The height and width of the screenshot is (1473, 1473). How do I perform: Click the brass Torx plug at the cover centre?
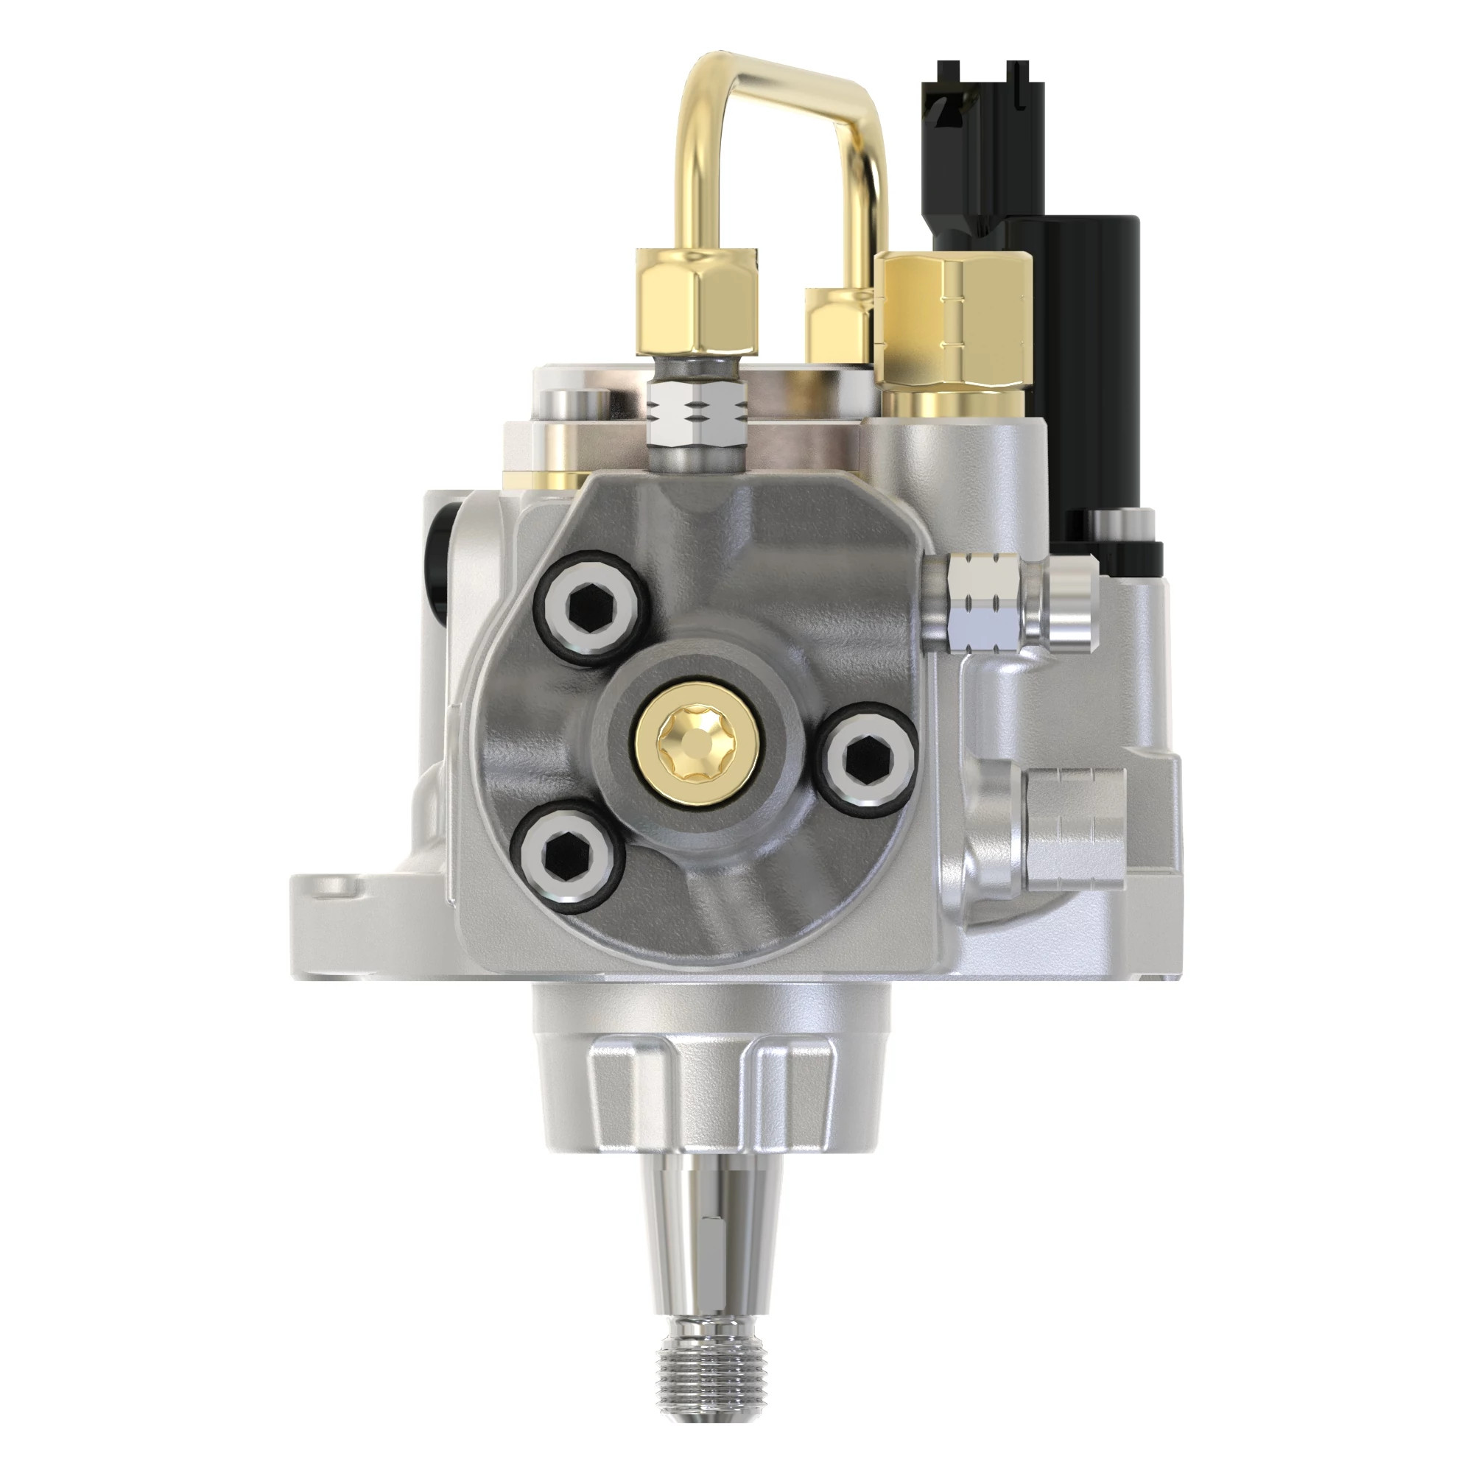point(695,740)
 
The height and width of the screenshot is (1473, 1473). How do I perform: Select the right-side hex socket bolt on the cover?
point(869,756)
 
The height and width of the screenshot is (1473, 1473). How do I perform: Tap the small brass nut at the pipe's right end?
point(839,324)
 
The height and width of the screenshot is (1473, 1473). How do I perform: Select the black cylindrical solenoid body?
point(1098,359)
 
